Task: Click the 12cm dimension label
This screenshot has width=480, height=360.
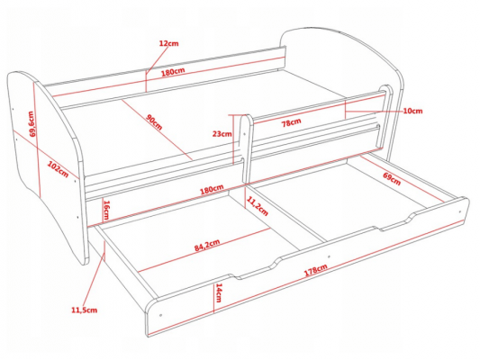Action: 168,43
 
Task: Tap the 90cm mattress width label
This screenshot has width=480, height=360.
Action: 154,122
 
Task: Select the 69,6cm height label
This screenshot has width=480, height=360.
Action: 32,124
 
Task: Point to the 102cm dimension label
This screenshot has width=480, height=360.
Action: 58,169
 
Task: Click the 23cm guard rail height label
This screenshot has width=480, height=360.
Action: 222,134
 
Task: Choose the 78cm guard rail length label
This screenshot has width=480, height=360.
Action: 291,122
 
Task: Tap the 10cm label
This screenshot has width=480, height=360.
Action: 412,111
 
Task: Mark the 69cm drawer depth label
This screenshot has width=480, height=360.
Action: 392,178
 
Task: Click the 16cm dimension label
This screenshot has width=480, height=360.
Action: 106,210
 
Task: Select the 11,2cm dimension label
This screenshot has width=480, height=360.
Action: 258,206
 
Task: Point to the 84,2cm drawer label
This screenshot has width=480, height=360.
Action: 207,245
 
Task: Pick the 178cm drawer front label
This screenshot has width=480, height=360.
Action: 315,270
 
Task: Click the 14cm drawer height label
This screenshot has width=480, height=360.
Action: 219,292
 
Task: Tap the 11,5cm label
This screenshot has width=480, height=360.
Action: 84,310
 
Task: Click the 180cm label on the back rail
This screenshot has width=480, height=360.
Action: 173,72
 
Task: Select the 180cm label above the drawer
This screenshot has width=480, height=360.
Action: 212,189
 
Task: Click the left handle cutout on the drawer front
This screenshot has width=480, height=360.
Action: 257,269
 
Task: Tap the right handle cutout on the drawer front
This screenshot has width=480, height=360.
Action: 396,222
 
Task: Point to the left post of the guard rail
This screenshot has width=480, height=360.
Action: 246,149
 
